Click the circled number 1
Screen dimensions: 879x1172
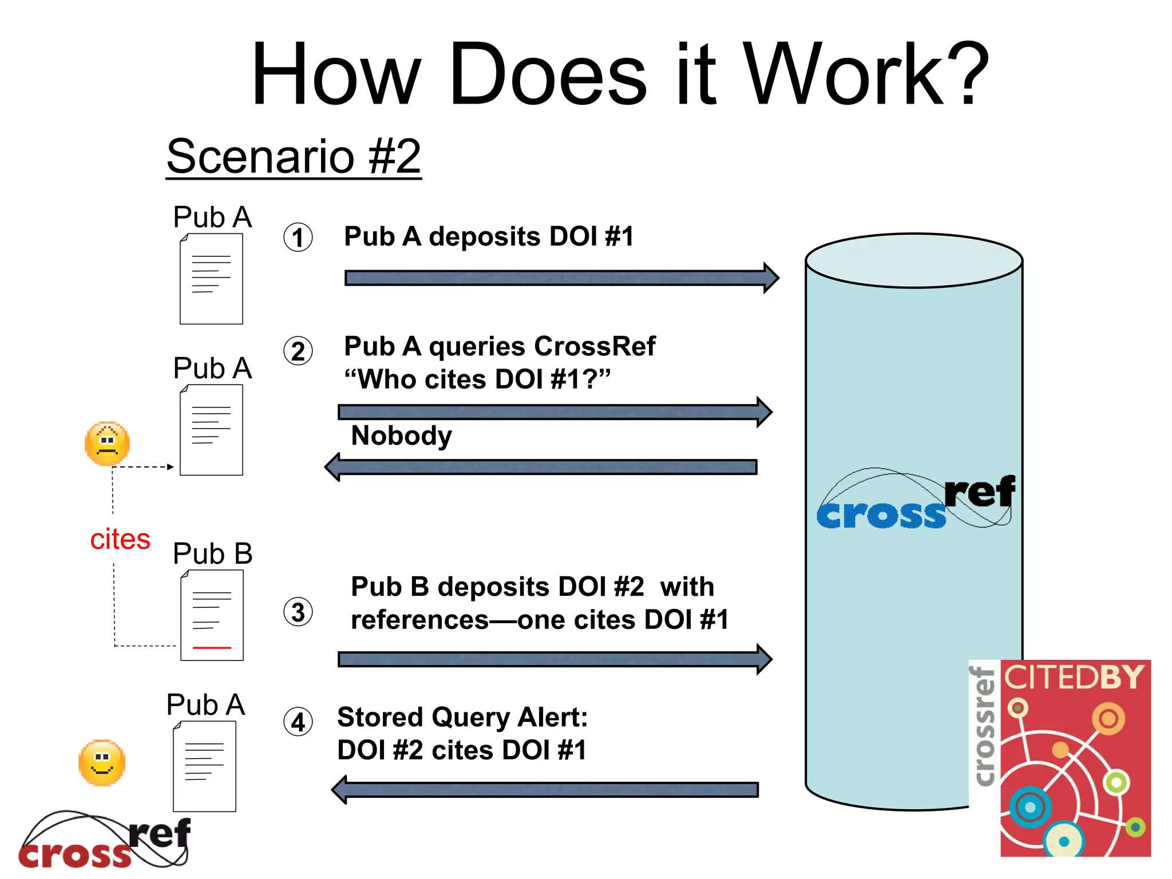(x=298, y=237)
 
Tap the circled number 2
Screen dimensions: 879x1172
(x=298, y=351)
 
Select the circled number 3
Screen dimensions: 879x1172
(x=298, y=612)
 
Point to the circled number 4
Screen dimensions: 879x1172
(x=298, y=722)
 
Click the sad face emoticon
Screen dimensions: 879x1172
(x=107, y=444)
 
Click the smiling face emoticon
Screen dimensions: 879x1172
(x=102, y=763)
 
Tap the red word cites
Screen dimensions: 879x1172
(x=120, y=539)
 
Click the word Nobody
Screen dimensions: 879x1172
(x=401, y=435)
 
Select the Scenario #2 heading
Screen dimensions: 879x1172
(x=294, y=156)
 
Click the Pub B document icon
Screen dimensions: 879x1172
(x=212, y=615)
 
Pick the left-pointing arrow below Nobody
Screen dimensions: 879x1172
(x=541, y=467)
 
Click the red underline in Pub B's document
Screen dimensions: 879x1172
(x=212, y=647)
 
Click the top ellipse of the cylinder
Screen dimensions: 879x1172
(x=913, y=260)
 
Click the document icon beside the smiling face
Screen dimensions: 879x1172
(x=204, y=766)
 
